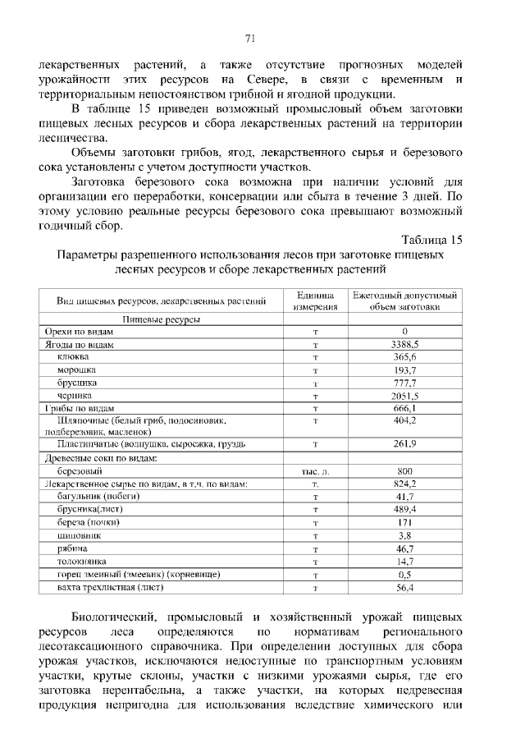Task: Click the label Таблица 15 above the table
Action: pos(432,240)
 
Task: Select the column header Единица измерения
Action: pos(314,301)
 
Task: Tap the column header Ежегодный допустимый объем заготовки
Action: pos(404,301)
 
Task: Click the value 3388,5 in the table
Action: pos(404,345)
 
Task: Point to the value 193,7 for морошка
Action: pos(404,370)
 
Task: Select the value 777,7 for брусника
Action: pos(404,383)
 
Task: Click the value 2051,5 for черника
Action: pos(404,395)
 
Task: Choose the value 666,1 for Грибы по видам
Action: pos(404,407)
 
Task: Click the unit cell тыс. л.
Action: pos(314,471)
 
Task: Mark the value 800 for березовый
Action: pos(404,471)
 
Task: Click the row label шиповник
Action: pos(80,534)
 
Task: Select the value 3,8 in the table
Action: pos(404,534)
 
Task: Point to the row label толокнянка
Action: pos(82,560)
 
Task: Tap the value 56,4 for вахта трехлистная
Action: pos(404,587)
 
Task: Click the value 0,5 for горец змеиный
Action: pos(404,574)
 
